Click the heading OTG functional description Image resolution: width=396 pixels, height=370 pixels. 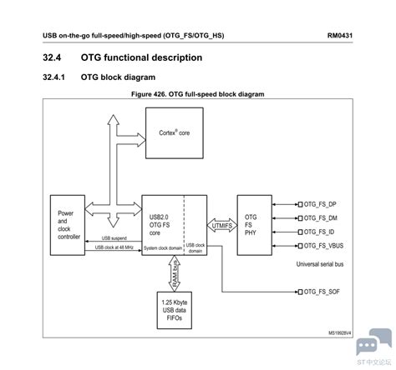(x=141, y=57)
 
